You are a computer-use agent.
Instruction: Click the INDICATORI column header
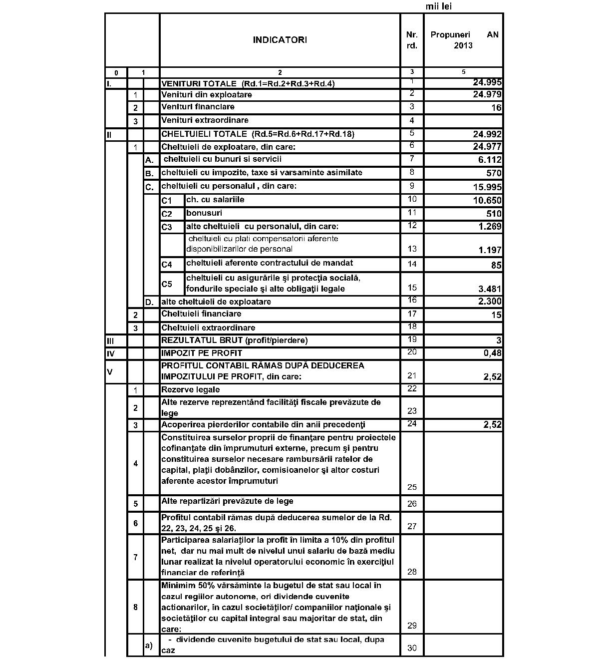280,40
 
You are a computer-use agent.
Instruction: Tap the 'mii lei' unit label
439,6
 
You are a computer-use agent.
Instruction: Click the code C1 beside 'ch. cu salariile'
166,201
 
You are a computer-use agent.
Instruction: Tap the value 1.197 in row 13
490,250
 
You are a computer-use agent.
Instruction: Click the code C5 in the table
167,284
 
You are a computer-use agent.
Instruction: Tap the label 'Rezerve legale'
190,389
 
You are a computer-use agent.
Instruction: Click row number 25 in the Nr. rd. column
412,487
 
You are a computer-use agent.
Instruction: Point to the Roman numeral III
111,340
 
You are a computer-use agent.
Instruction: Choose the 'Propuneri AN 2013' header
464,40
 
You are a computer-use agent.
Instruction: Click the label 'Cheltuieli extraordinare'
208,328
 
